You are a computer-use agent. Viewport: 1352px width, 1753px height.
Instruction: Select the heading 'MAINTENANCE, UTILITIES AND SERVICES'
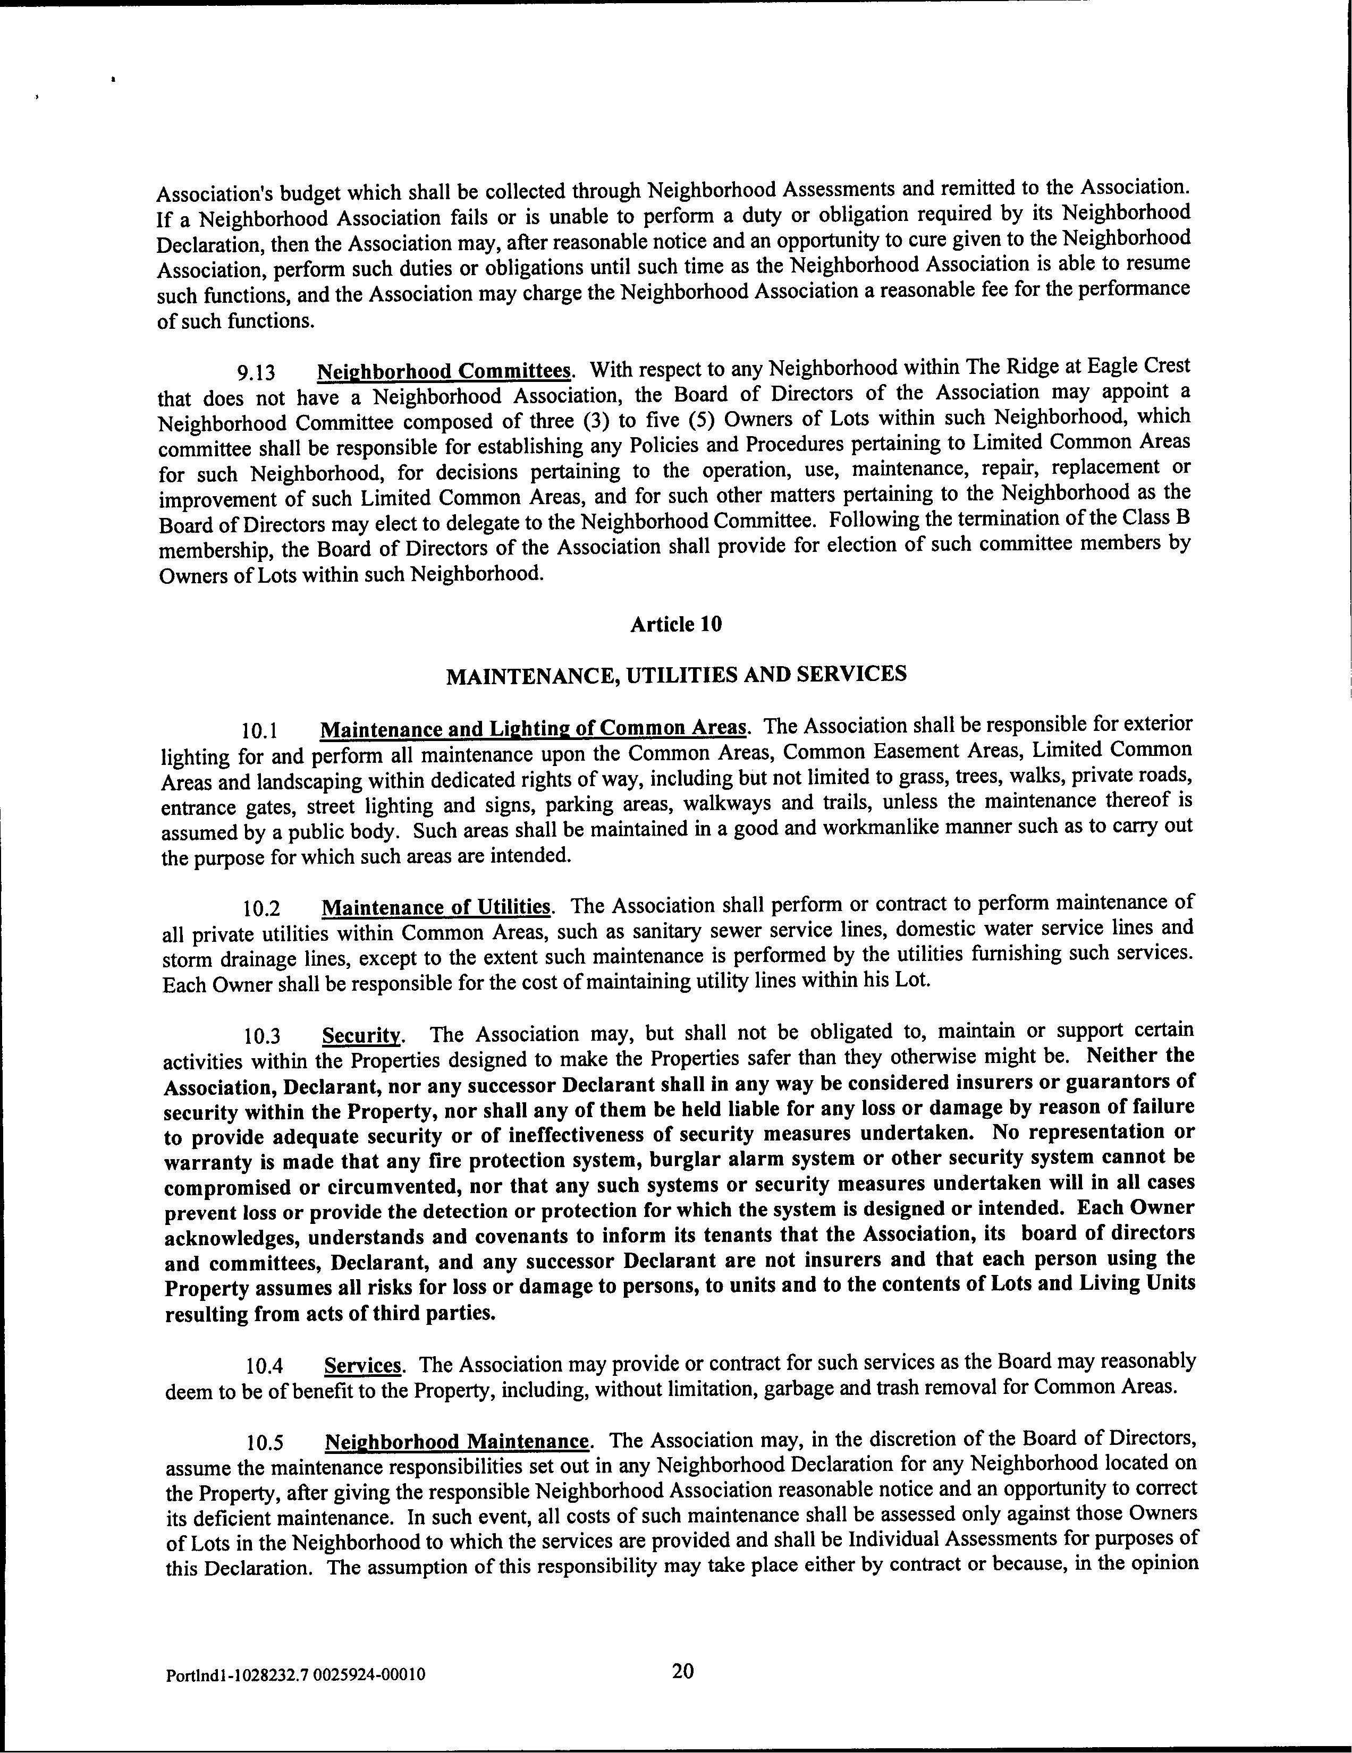[x=676, y=674]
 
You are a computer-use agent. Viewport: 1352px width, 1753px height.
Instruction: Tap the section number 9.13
[x=256, y=373]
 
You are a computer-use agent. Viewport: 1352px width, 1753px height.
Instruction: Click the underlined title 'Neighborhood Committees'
[x=445, y=372]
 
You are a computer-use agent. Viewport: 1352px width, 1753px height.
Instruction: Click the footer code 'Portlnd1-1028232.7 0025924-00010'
[x=295, y=1675]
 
